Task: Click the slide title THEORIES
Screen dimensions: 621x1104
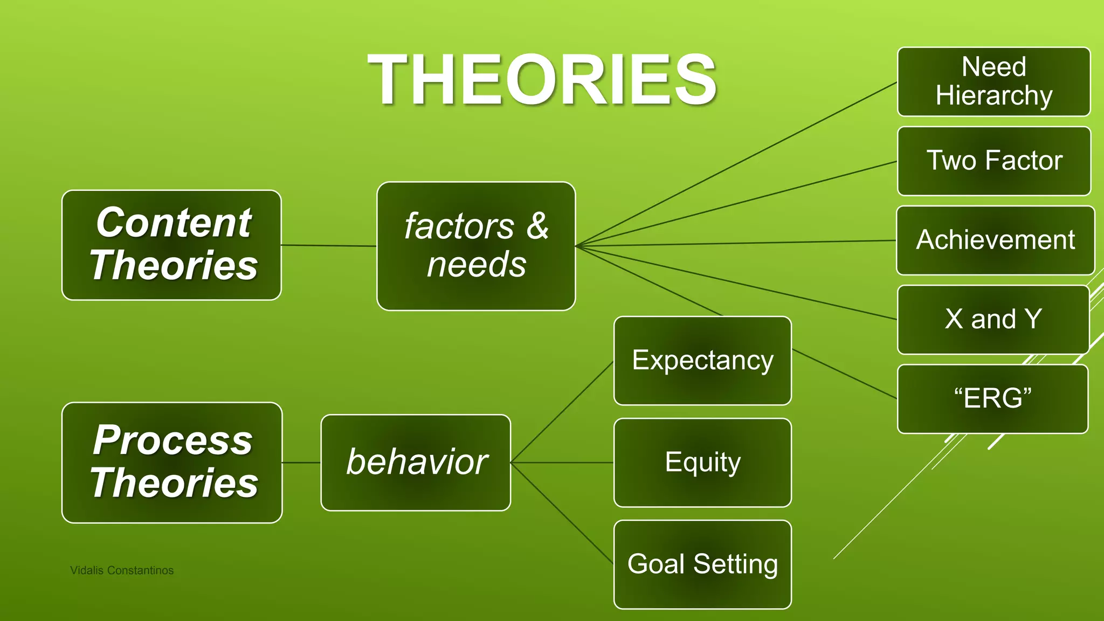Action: coord(542,80)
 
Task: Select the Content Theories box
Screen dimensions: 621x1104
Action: coord(171,245)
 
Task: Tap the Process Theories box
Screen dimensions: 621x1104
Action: coord(172,463)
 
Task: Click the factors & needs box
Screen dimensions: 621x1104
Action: coord(476,246)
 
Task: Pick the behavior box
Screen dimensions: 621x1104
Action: coord(416,463)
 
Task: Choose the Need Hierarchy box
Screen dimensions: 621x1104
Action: coord(993,81)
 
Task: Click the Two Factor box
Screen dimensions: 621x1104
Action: coord(993,161)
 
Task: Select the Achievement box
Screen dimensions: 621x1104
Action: coord(995,240)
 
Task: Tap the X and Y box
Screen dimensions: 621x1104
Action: coord(993,319)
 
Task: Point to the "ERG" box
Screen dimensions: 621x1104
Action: coord(992,399)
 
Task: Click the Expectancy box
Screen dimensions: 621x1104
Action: coord(702,360)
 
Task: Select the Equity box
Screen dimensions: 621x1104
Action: coord(702,463)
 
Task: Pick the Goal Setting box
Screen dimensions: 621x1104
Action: coord(702,564)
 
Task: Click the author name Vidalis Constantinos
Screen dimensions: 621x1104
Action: coord(122,570)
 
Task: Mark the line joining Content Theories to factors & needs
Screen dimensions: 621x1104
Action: coord(329,246)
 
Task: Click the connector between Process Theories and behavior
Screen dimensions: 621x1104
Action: coord(301,463)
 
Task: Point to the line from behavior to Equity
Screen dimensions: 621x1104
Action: coord(562,463)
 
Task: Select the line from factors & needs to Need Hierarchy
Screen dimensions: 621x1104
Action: coord(736,164)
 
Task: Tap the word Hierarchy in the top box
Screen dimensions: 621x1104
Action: coord(993,95)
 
